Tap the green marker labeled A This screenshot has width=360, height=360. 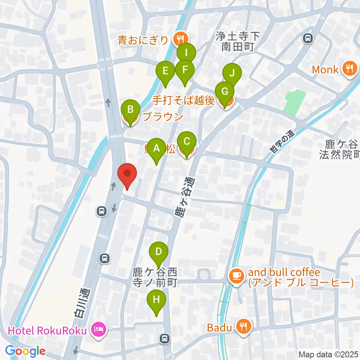click(156, 148)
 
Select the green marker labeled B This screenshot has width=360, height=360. click(130, 110)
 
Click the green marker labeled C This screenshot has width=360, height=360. click(187, 142)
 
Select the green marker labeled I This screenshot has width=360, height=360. click(186, 53)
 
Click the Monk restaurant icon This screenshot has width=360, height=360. click(349, 69)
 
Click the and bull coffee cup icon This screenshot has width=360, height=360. click(235, 276)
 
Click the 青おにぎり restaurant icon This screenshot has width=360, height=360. click(181, 38)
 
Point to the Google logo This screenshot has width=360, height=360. click(25, 351)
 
